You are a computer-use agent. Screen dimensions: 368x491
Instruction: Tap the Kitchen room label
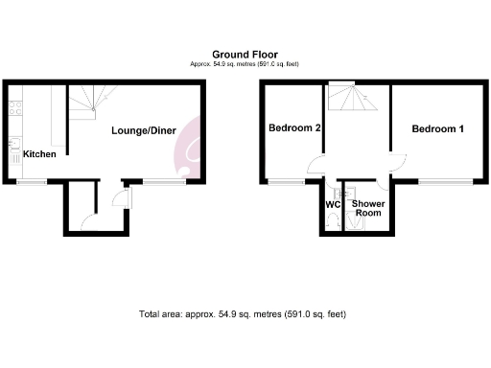pyautogui.click(x=39, y=153)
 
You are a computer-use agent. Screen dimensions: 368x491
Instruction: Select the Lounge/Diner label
pyautogui.click(x=143, y=130)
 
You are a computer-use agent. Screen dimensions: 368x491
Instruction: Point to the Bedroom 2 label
pyautogui.click(x=293, y=128)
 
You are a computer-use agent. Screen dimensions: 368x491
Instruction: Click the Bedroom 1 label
pyautogui.click(x=437, y=128)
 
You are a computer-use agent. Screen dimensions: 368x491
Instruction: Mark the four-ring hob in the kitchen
pyautogui.click(x=14, y=107)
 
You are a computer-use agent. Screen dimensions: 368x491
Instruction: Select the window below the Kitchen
pyautogui.click(x=32, y=181)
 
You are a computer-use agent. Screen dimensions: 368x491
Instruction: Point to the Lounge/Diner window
pyautogui.click(x=163, y=181)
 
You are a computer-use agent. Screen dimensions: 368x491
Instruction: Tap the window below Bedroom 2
pyautogui.click(x=284, y=181)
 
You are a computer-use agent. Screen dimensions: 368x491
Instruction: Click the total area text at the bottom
pyautogui.click(x=242, y=313)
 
